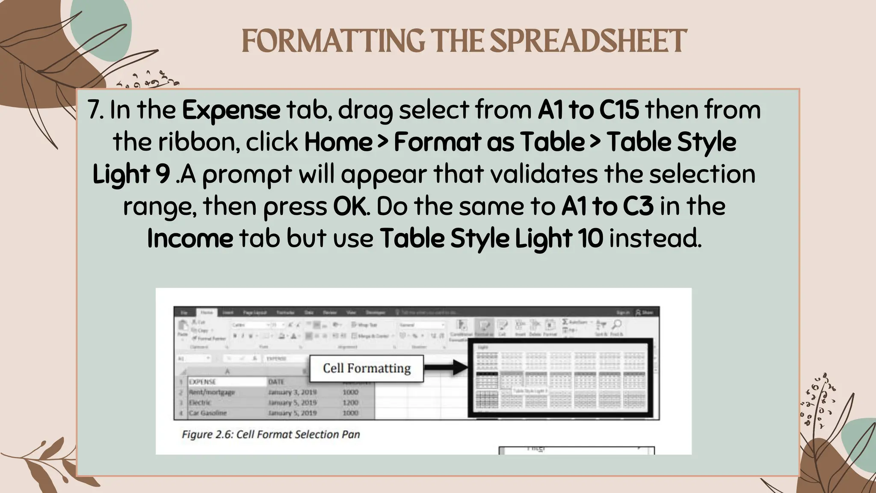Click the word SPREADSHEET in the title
(588, 42)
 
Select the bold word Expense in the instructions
(231, 110)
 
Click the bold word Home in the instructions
(338, 142)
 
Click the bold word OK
(350, 206)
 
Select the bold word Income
(190, 238)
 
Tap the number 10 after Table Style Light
(591, 238)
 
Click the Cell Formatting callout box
(367, 368)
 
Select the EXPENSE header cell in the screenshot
(203, 382)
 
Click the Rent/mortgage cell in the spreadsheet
(212, 392)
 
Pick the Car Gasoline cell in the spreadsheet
(208, 413)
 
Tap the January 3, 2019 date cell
(292, 392)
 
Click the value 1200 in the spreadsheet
(350, 403)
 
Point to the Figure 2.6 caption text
(270, 434)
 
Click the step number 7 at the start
(94, 110)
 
